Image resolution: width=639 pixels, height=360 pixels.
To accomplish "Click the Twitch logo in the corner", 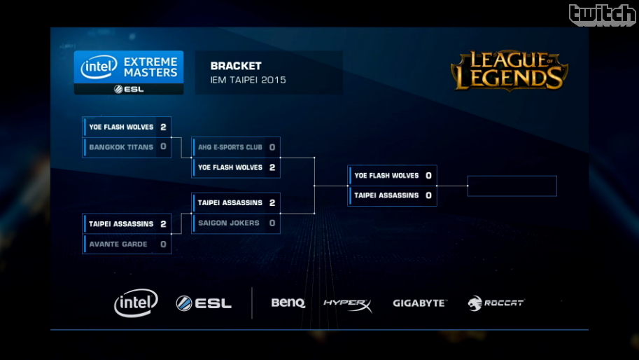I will [x=602, y=15].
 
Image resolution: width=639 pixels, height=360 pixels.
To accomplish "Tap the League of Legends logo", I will [x=509, y=70].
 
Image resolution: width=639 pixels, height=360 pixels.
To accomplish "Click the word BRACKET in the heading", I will [x=236, y=66].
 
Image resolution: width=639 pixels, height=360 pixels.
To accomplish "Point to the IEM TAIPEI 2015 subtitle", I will [x=248, y=80].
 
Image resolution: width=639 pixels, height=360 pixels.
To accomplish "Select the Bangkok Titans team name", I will [x=121, y=147].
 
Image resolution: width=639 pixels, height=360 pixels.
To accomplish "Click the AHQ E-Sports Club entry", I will [x=230, y=147].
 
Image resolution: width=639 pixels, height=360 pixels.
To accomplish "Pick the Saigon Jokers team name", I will [x=229, y=223].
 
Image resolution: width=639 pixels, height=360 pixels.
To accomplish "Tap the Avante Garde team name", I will [x=118, y=244].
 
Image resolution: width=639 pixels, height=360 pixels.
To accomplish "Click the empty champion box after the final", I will [x=512, y=186].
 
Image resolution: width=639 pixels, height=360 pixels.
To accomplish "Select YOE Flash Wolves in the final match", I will [x=386, y=176].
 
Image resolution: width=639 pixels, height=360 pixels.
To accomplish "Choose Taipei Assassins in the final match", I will [x=386, y=195].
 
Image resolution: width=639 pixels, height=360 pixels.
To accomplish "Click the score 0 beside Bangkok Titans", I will [x=163, y=147].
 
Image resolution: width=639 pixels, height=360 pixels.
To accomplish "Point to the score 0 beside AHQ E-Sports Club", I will [x=272, y=147].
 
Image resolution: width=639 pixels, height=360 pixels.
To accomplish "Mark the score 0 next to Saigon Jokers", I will [x=272, y=223].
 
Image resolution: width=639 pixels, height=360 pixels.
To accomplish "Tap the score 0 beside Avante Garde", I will [x=163, y=244].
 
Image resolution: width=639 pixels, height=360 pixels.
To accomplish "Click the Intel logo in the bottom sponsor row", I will [x=136, y=303].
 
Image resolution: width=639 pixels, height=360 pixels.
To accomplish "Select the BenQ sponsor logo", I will [x=288, y=303].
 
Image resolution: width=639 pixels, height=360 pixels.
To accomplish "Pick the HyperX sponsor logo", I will [x=347, y=304].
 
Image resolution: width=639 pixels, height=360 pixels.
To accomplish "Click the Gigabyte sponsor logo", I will [x=419, y=303].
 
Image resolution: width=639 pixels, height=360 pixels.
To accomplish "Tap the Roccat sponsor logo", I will [x=496, y=303].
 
